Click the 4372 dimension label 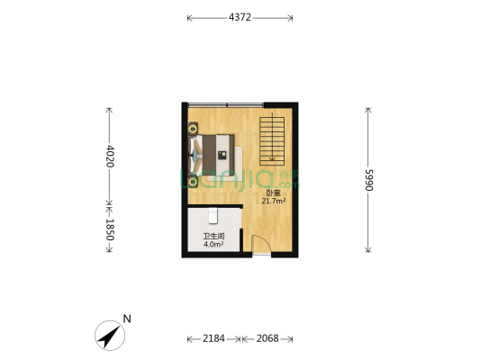(x=240, y=17)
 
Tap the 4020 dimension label (x=110, y=157)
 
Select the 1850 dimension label (x=110, y=229)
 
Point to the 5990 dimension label (x=369, y=180)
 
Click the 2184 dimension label (x=213, y=338)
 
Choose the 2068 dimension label (x=267, y=338)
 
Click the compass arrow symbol (x=110, y=336)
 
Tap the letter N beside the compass (x=127, y=319)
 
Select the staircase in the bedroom (x=272, y=141)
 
